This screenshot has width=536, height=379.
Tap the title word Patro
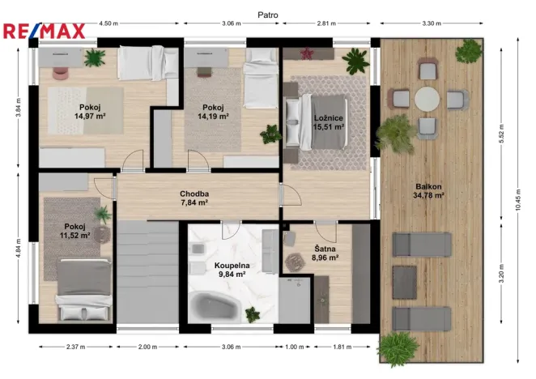click(267, 15)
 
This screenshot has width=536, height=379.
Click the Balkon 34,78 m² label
click(428, 190)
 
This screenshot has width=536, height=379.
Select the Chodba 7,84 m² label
click(194, 198)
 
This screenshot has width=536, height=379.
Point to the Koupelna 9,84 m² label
click(231, 270)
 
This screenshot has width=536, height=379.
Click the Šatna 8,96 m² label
click(326, 253)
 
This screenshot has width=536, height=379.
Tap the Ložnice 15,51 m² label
click(330, 121)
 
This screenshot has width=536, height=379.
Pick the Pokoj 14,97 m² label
click(90, 111)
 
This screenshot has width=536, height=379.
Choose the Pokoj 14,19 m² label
click(213, 112)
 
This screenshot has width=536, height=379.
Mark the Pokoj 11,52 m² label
click(74, 232)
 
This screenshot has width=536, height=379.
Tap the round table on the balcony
click(428, 100)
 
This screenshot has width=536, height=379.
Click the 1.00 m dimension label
click(295, 347)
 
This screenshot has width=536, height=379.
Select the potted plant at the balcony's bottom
click(398, 347)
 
